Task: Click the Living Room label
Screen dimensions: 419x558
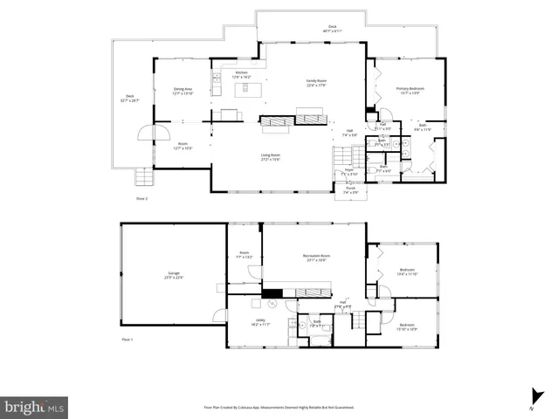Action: (x=270, y=157)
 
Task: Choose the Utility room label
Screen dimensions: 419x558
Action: (x=248, y=322)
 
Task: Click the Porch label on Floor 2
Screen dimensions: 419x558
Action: (x=351, y=189)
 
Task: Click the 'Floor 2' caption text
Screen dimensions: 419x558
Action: (x=141, y=199)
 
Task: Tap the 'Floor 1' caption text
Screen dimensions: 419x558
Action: (x=127, y=339)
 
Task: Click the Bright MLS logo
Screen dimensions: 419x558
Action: (x=34, y=407)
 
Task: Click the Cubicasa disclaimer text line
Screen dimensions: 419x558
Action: (x=279, y=407)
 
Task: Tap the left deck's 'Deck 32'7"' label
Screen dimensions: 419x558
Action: (x=130, y=98)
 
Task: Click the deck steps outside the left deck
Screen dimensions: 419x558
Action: (x=142, y=178)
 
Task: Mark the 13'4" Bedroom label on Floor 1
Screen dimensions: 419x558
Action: (x=408, y=271)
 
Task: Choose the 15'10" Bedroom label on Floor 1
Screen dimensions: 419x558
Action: (x=407, y=326)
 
